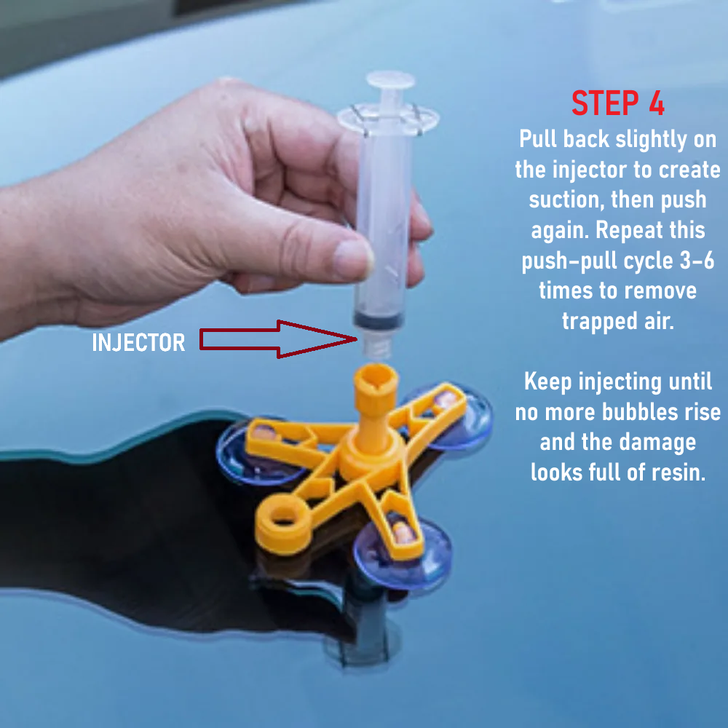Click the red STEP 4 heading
[618, 103]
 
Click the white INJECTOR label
[138, 343]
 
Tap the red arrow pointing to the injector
[279, 339]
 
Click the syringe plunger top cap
[390, 79]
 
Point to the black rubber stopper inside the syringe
[379, 320]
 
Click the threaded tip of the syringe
[377, 345]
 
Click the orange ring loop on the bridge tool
[282, 523]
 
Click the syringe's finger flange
[388, 119]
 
